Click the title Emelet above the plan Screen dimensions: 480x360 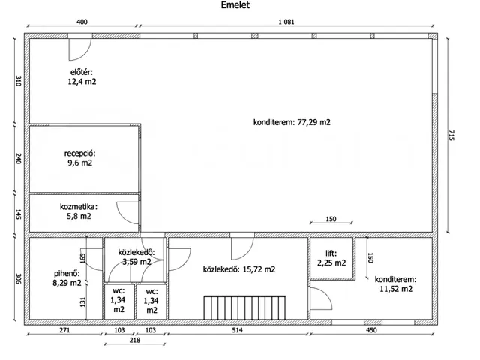pyautogui.click(x=235, y=5)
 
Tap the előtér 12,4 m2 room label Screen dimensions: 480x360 pyautogui.click(x=82, y=76)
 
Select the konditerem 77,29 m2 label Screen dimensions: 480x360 pyautogui.click(x=292, y=122)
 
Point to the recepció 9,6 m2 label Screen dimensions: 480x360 pyautogui.click(x=79, y=158)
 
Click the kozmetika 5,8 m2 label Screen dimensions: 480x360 pyautogui.click(x=79, y=211)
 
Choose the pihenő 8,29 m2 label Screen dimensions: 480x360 pyautogui.click(x=67, y=278)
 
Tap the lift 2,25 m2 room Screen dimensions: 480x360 pyautogui.click(x=331, y=258)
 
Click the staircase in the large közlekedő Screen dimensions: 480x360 pyautogui.click(x=244, y=307)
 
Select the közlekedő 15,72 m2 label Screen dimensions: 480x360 pyautogui.click(x=239, y=269)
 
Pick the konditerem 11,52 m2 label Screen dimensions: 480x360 pyautogui.click(x=396, y=283)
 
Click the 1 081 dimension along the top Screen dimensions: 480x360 pyautogui.click(x=286, y=22)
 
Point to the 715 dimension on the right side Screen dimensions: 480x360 pyautogui.click(x=451, y=135)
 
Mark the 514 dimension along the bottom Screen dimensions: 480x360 pyautogui.click(x=237, y=330)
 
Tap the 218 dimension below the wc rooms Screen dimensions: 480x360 pyautogui.click(x=135, y=340)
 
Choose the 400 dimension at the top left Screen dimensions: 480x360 pyautogui.click(x=82, y=22)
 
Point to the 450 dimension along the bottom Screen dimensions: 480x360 pyautogui.click(x=371, y=330)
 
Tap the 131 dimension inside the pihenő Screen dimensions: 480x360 pyautogui.click(x=82, y=301)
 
